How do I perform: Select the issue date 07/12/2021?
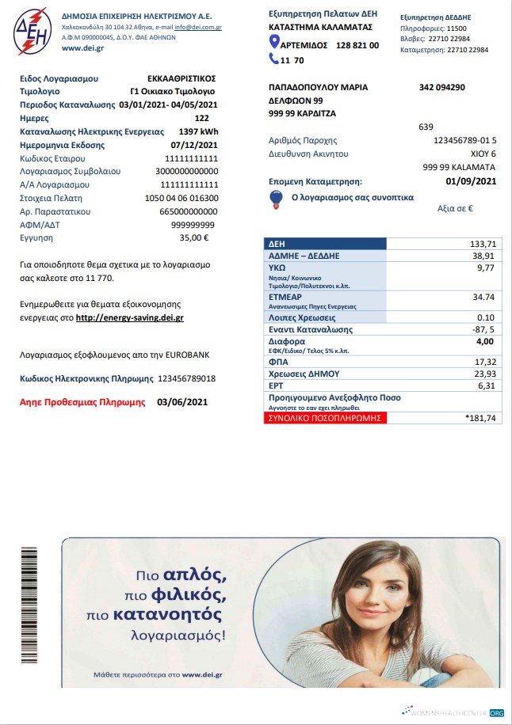tap(193, 145)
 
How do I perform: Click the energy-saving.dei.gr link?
tap(130, 317)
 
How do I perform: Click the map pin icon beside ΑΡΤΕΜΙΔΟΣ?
tap(274, 45)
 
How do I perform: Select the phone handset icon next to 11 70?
tap(274, 59)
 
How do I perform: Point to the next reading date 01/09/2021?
tap(471, 181)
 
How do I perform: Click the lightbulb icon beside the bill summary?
tap(277, 197)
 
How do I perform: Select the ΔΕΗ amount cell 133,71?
tap(481, 244)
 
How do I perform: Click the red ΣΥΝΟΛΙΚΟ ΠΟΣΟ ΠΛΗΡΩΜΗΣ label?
tap(326, 417)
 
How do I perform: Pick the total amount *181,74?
tap(480, 417)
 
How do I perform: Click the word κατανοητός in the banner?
tap(176, 614)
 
